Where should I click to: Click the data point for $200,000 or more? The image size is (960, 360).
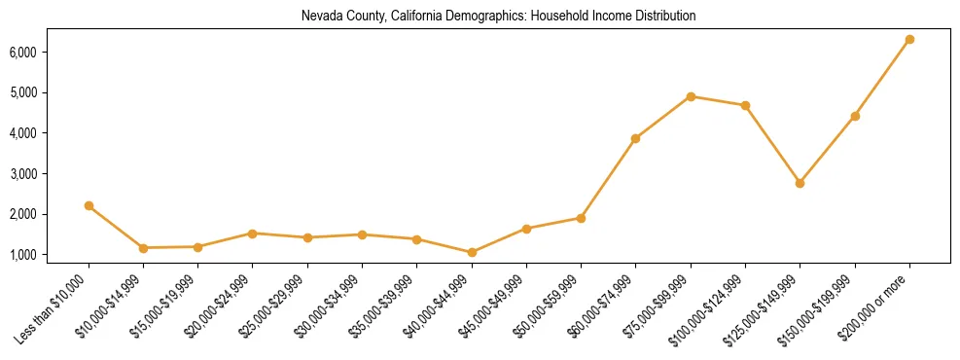pos(909,39)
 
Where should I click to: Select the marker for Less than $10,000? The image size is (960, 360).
pos(89,205)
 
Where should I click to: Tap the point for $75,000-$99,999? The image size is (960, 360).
pos(691,96)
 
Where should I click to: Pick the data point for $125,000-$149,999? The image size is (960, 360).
pos(800,183)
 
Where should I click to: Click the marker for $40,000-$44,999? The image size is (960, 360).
pos(472,252)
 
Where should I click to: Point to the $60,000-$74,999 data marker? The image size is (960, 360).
pos(636,138)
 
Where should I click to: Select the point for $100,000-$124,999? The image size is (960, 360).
pos(745,105)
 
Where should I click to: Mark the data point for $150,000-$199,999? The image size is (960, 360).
pos(855,116)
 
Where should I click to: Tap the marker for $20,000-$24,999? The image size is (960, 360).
pos(253,234)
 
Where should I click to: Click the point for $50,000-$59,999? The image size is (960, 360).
pos(581,218)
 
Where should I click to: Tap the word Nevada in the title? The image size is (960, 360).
pos(318,17)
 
